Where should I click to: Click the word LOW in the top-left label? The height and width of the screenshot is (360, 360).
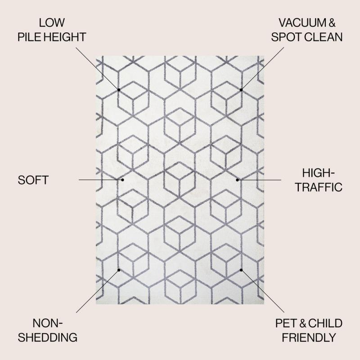(x=52, y=23)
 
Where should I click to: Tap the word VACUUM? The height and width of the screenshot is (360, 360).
(x=302, y=23)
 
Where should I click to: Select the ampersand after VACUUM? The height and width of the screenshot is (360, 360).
(x=332, y=23)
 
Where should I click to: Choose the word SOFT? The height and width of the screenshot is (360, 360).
(x=33, y=180)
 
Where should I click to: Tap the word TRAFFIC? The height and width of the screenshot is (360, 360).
(x=319, y=187)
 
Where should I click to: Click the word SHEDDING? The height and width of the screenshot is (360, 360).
(x=48, y=337)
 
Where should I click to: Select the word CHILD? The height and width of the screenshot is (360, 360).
(x=325, y=323)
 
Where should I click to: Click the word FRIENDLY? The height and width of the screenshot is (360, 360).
(x=309, y=337)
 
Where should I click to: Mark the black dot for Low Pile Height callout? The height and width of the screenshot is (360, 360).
(x=119, y=90)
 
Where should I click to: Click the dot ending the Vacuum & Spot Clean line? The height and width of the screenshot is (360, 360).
(x=241, y=90)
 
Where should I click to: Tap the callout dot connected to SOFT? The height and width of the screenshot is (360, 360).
(x=122, y=180)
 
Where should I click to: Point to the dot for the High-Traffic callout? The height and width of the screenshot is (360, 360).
(x=237, y=180)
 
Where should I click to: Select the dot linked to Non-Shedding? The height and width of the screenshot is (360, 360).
(x=119, y=270)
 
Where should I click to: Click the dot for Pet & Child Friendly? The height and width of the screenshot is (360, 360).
(x=241, y=270)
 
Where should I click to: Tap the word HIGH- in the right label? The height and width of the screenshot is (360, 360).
(x=318, y=173)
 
